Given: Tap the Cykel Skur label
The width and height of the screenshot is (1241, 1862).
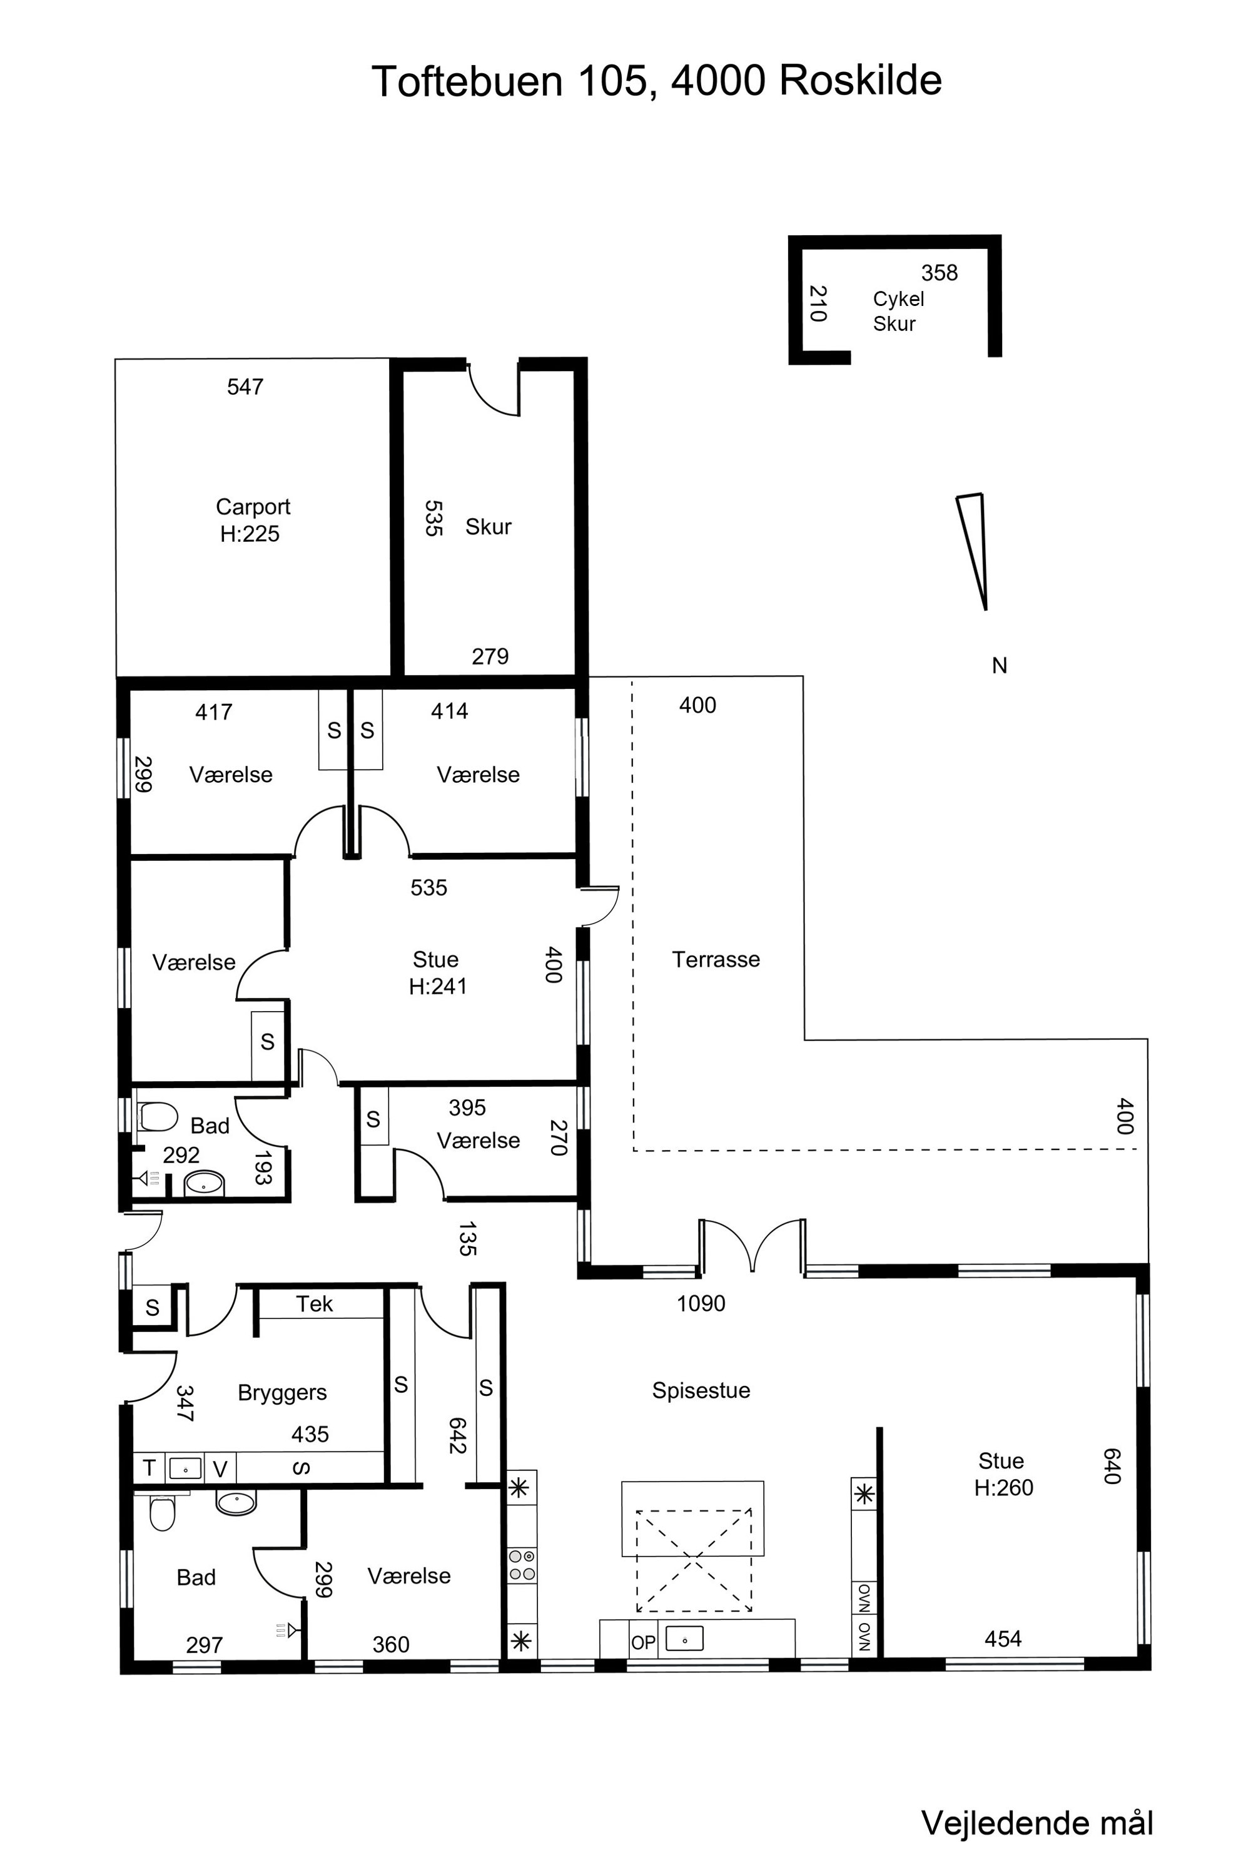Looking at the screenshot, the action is click(x=898, y=311).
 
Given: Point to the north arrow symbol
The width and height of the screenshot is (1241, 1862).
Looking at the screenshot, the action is click(x=973, y=551).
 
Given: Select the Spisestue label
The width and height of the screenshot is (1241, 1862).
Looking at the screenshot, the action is click(x=701, y=1390).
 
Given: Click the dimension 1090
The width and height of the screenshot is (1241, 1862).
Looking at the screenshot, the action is click(x=701, y=1303).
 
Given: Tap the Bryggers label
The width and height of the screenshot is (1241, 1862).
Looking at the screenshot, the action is click(x=281, y=1393).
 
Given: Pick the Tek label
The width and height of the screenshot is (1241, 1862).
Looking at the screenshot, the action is click(x=314, y=1304).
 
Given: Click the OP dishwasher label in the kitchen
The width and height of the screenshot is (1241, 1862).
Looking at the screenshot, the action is click(x=644, y=1643).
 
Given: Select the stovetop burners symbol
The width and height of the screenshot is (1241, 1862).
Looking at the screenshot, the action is click(x=522, y=1566).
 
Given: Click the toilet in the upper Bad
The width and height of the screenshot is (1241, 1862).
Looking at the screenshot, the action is click(x=158, y=1117).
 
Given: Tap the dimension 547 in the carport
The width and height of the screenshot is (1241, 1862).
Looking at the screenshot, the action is click(x=245, y=386).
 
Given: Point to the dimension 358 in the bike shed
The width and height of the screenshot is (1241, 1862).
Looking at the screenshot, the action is click(x=939, y=272).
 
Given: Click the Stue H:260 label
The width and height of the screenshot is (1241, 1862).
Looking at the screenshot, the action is click(x=1003, y=1474).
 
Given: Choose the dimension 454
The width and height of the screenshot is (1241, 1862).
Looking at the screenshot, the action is click(x=1003, y=1639).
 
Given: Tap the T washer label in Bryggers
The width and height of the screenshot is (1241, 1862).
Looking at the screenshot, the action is click(x=149, y=1468).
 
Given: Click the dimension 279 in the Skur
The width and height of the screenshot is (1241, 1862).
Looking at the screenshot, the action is click(x=490, y=656).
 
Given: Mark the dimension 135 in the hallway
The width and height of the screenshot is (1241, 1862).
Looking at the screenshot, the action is click(x=467, y=1239).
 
